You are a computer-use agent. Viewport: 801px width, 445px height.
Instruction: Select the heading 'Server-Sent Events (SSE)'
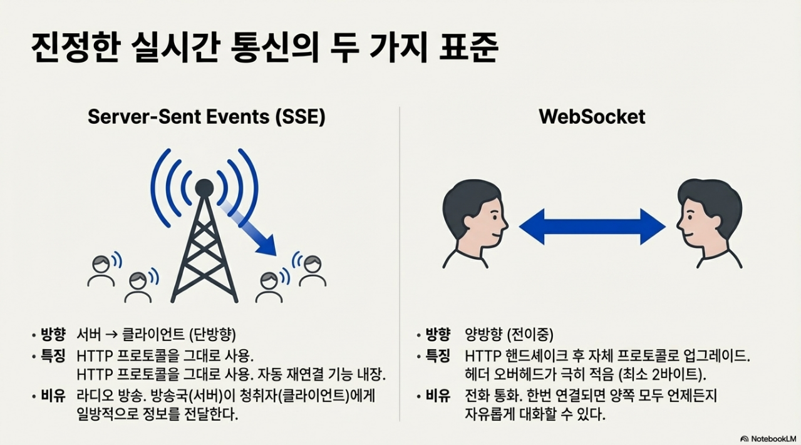click(207, 116)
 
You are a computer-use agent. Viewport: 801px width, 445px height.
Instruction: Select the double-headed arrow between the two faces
click(592, 226)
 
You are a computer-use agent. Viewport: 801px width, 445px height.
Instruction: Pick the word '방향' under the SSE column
click(53, 334)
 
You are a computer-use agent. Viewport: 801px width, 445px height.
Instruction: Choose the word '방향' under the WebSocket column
click(438, 334)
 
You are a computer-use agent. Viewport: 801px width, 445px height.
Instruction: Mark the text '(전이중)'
click(530, 334)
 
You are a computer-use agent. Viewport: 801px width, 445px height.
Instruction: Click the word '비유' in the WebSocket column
click(438, 396)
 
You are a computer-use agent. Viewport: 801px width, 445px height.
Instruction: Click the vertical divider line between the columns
click(400, 263)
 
